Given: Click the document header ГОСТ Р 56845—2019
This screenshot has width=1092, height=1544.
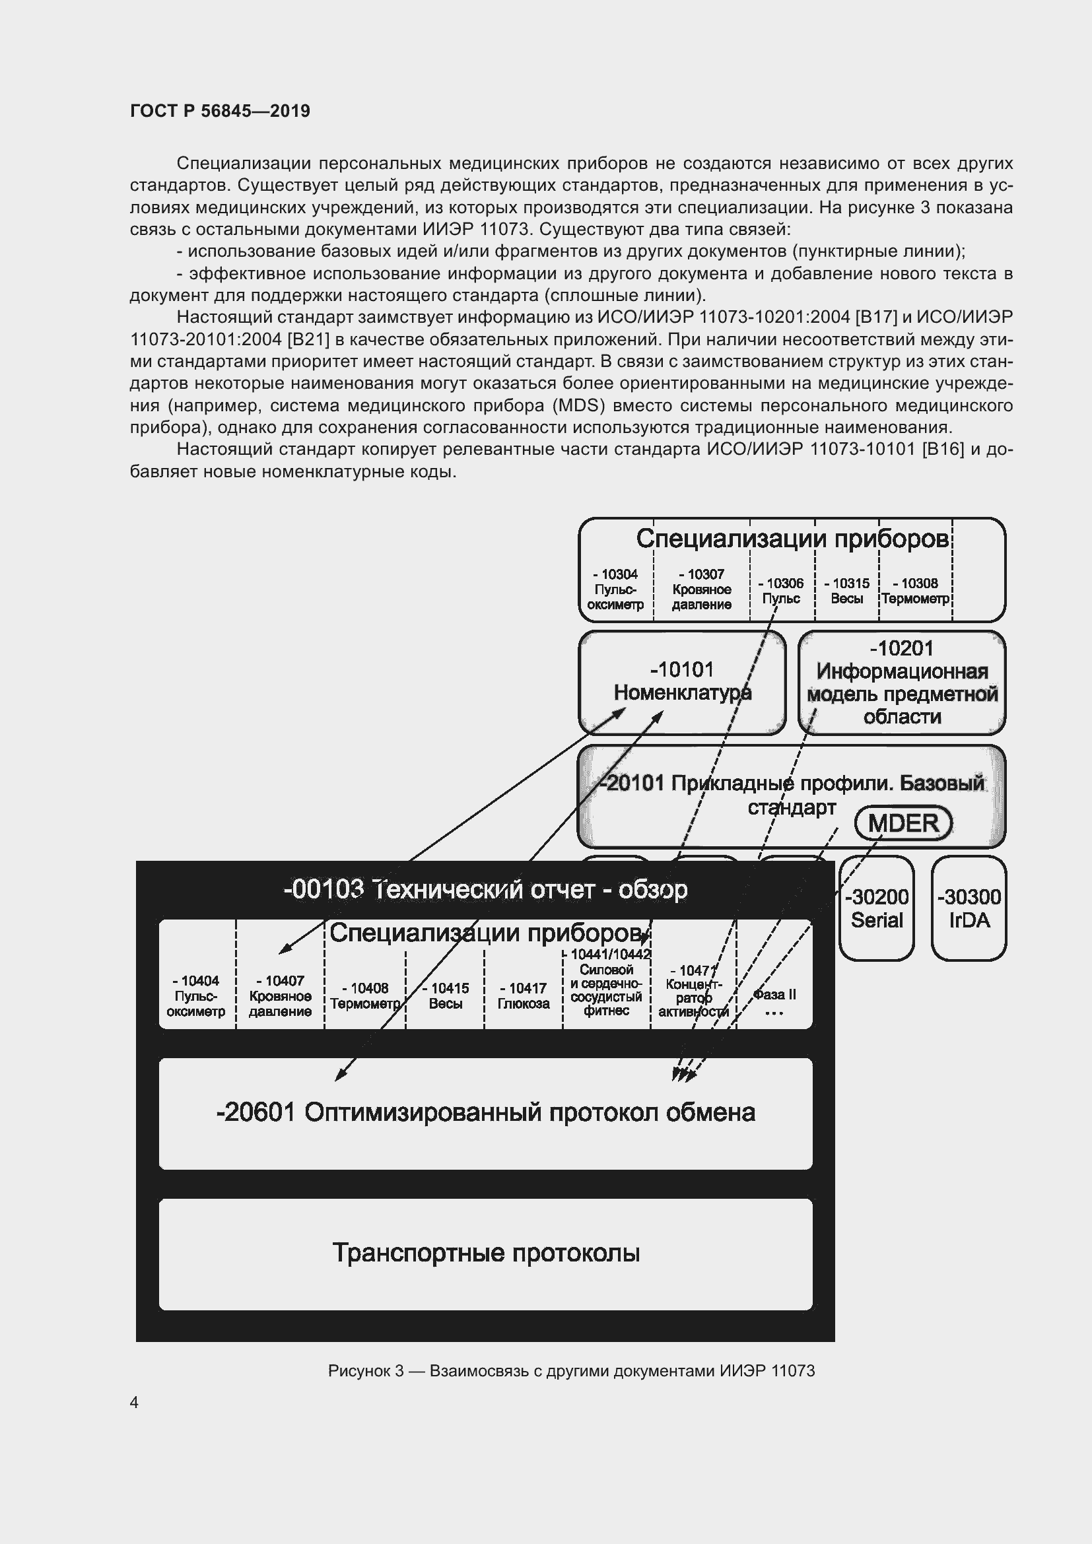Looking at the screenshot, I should (x=220, y=111).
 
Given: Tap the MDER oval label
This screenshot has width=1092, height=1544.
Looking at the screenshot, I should (x=903, y=823).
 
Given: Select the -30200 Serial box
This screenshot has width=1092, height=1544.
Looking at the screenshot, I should (x=876, y=908).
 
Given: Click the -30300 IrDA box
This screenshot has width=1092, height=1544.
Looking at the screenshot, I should (x=969, y=908).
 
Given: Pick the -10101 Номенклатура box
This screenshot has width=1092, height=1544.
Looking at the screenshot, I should (x=682, y=681).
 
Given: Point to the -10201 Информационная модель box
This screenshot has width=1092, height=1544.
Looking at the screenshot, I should (x=902, y=682).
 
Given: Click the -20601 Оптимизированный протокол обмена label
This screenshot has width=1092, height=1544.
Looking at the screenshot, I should (x=485, y=1112).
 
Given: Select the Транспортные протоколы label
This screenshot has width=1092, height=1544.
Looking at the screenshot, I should (x=485, y=1253).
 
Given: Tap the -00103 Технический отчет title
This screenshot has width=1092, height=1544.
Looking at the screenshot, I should (x=485, y=890).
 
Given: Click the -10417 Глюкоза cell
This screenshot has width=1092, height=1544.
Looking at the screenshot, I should (x=523, y=996).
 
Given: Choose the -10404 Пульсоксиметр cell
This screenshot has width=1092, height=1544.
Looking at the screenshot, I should (x=195, y=996).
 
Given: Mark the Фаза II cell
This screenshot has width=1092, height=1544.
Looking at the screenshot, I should (x=774, y=996).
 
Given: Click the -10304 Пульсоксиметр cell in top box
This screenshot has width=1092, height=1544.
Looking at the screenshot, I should (x=615, y=589).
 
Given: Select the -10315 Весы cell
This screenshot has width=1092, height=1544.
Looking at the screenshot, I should (x=846, y=591).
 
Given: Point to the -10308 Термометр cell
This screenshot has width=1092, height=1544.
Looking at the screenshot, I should (x=915, y=591).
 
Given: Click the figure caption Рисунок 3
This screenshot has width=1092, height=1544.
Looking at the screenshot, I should (x=571, y=1370).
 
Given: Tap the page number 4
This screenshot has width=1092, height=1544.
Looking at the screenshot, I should (x=134, y=1402).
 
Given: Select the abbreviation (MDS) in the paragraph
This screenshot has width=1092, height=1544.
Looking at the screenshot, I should (x=575, y=405).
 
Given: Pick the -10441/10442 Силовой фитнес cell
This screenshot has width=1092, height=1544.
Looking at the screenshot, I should (x=606, y=983).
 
